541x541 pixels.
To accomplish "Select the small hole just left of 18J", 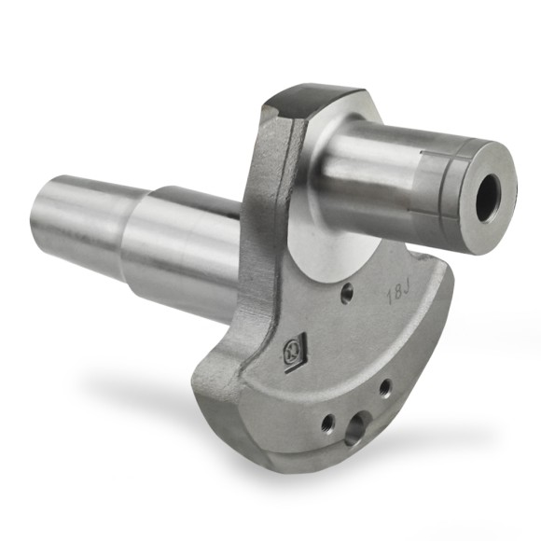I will coord(347,295).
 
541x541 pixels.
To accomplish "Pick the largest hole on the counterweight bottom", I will coord(355,430).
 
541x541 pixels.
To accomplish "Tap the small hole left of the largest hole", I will coord(327,424).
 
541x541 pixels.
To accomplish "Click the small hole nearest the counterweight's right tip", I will coord(384,385).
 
